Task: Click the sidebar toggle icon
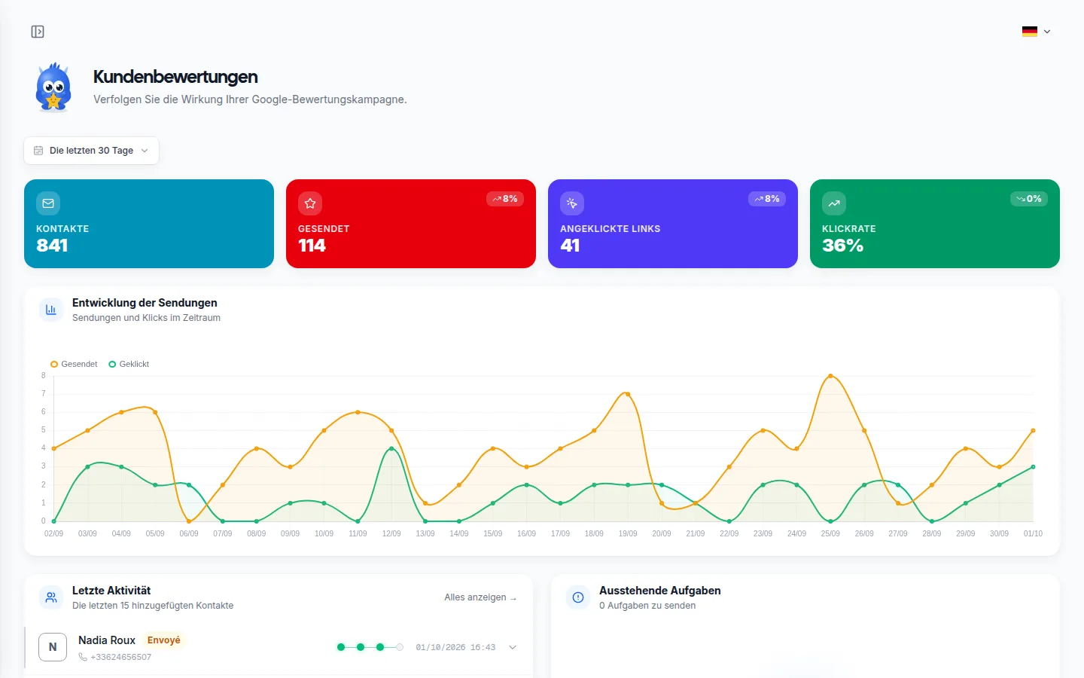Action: coord(38,32)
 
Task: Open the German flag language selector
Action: coord(1036,32)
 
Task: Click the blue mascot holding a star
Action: coord(53,87)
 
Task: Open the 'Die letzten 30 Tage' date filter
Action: coord(91,151)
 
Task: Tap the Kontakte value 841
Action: coord(52,246)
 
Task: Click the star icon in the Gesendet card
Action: coord(310,203)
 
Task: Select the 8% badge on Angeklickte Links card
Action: coord(767,199)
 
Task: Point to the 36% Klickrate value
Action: coord(842,246)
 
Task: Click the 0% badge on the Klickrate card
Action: coord(1029,199)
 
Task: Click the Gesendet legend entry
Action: coord(74,364)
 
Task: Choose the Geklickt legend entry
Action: coord(129,364)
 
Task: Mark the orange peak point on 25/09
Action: coord(830,376)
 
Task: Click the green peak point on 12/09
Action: coord(391,448)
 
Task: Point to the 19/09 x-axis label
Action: coord(628,533)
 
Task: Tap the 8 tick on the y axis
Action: coord(44,375)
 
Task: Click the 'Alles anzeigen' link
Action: coord(480,597)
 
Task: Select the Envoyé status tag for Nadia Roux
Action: coord(163,640)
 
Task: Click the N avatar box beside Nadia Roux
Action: coord(53,647)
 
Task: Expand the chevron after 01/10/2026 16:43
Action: coord(513,648)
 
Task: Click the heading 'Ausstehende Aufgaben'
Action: coord(660,591)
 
